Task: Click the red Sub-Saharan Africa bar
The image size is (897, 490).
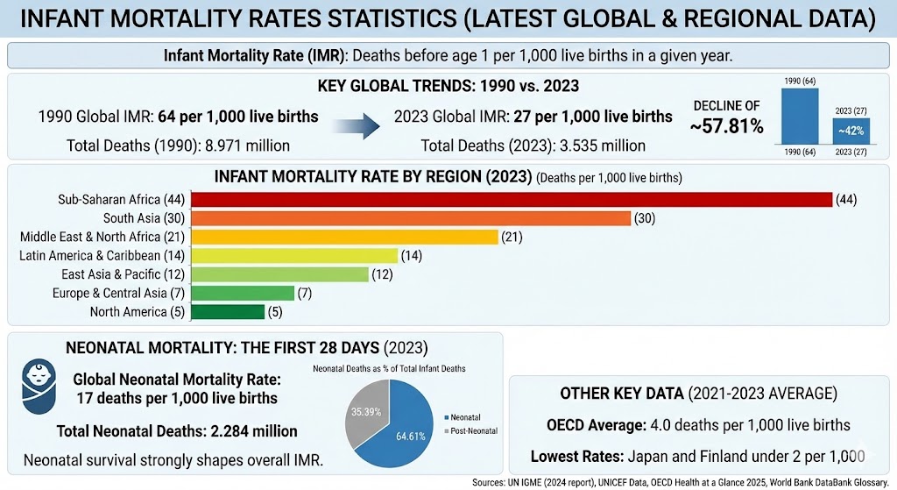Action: tap(511, 199)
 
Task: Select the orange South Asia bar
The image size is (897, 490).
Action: tap(410, 217)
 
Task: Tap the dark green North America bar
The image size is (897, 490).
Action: tap(228, 311)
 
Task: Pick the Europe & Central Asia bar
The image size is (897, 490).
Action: tap(243, 293)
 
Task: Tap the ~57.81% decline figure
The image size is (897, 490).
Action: tap(726, 126)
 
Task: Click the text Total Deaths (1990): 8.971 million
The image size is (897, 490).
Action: tap(179, 146)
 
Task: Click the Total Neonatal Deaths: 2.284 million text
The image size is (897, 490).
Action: tap(177, 431)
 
